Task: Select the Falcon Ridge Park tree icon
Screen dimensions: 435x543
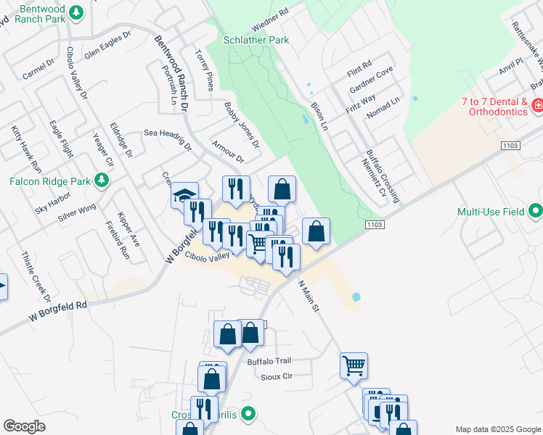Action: click(102, 179)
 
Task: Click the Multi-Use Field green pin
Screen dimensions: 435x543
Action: click(536, 212)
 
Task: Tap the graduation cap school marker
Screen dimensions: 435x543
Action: click(184, 195)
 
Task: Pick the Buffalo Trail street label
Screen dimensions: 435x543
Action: click(269, 360)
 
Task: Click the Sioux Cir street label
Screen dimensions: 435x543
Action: click(276, 376)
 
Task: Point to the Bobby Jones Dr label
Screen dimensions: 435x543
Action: click(242, 129)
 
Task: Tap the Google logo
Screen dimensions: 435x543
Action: click(24, 426)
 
